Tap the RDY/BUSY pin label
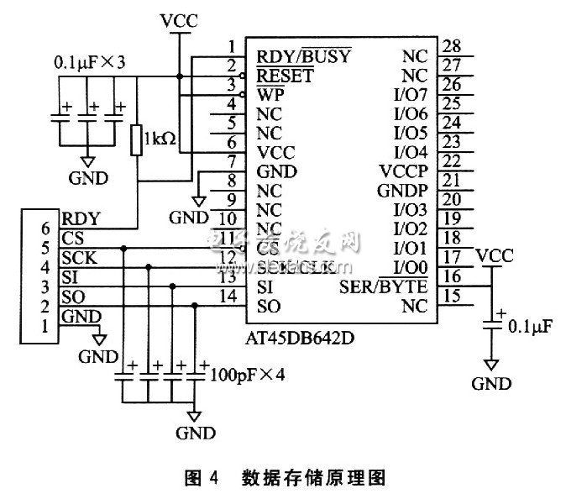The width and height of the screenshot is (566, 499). [x=304, y=57]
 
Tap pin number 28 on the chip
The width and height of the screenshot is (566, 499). [x=452, y=45]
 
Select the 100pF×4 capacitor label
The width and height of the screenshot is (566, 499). [x=248, y=373]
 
